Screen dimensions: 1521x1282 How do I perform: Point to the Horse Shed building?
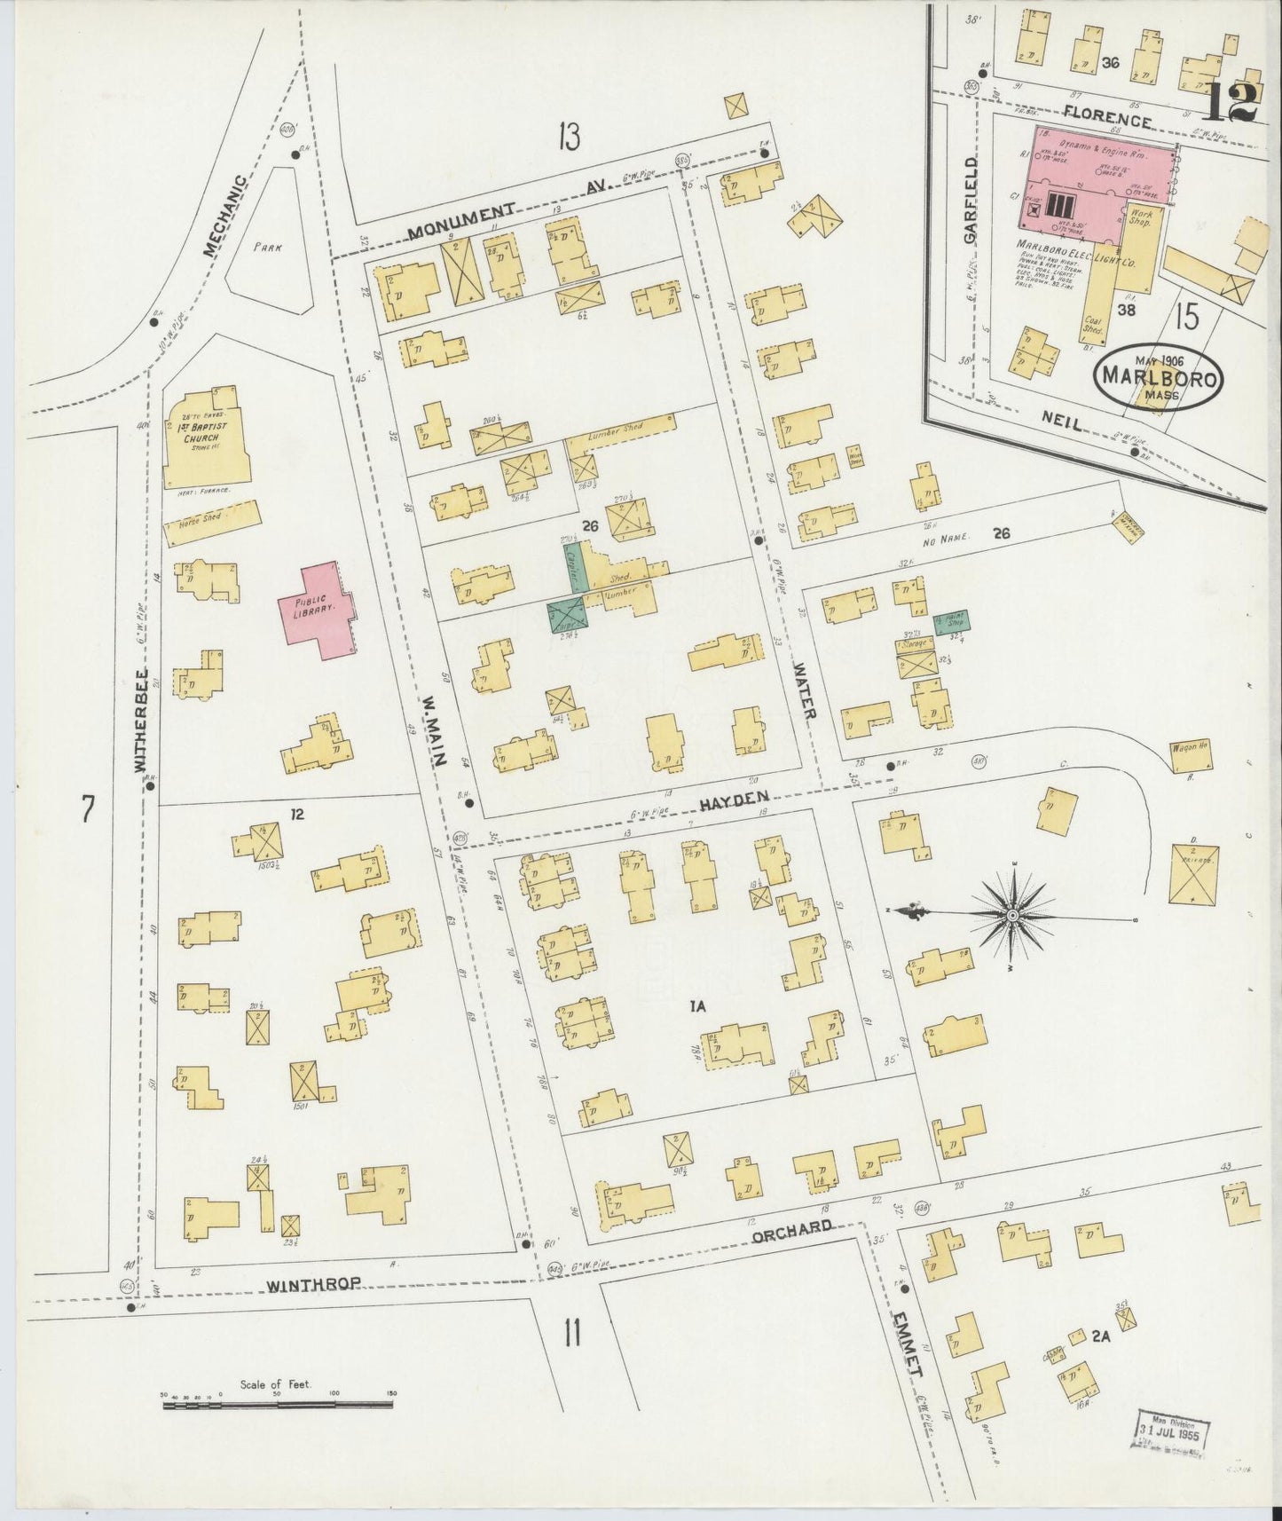coord(213,522)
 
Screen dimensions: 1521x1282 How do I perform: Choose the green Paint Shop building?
coord(950,620)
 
